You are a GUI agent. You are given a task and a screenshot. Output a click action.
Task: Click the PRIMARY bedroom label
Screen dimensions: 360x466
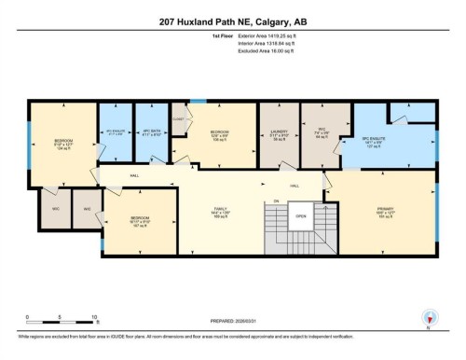(x=385, y=209)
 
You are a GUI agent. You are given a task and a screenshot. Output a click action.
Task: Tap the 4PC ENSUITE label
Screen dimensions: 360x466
(x=116, y=132)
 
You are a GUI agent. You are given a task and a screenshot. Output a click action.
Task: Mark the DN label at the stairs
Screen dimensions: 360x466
(x=275, y=201)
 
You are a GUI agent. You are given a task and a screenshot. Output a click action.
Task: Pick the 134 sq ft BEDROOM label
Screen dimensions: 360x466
(x=62, y=144)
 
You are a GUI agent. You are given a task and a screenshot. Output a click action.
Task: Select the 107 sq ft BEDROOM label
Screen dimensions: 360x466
(x=140, y=223)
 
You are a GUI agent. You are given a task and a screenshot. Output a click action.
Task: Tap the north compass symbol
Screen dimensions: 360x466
(x=429, y=318)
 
